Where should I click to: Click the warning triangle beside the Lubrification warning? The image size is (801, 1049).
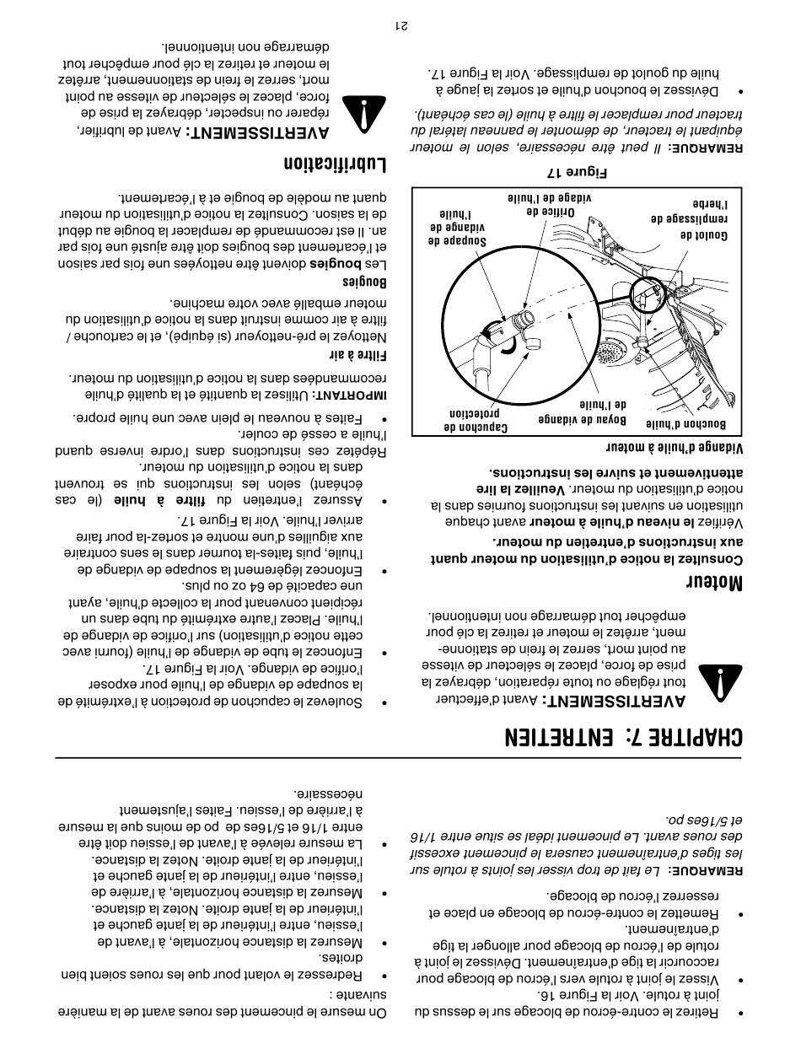[363, 112]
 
